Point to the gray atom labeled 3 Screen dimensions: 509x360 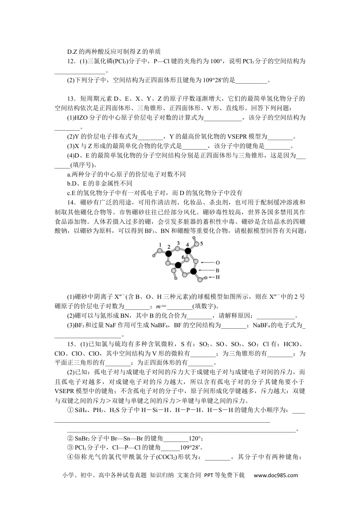(177, 249)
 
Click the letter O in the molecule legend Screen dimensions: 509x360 (218, 262)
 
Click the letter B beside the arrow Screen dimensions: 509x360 (218, 270)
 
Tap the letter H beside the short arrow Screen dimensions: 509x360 (218, 277)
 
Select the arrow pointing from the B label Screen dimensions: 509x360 (207, 270)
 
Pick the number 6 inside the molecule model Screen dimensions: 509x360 (183, 258)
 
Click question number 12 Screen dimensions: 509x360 (70, 61)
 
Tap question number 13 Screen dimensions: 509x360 (70, 99)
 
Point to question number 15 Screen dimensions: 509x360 (70, 344)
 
